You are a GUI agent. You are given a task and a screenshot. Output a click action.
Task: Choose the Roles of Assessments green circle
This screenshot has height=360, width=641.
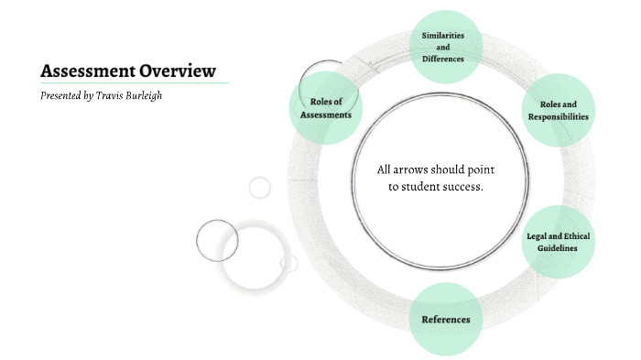tap(325, 107)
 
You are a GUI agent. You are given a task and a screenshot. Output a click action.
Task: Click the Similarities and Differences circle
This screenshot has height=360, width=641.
tap(443, 47)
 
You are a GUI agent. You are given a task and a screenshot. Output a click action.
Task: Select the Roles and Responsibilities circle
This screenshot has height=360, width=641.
tap(558, 110)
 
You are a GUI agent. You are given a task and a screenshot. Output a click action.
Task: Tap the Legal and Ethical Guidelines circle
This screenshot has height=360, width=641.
tap(558, 242)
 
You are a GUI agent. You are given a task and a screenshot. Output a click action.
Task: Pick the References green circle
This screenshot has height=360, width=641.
tap(445, 320)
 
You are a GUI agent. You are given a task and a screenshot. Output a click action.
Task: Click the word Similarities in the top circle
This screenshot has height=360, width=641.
tap(443, 35)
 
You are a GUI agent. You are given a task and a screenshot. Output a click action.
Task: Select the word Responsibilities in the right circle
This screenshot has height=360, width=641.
tap(558, 116)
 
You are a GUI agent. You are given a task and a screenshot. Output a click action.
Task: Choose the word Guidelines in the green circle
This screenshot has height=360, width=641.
tap(558, 248)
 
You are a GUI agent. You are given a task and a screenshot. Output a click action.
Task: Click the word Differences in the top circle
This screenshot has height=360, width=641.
tap(443, 59)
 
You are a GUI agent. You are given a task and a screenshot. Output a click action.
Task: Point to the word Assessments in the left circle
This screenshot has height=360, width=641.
tap(325, 115)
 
